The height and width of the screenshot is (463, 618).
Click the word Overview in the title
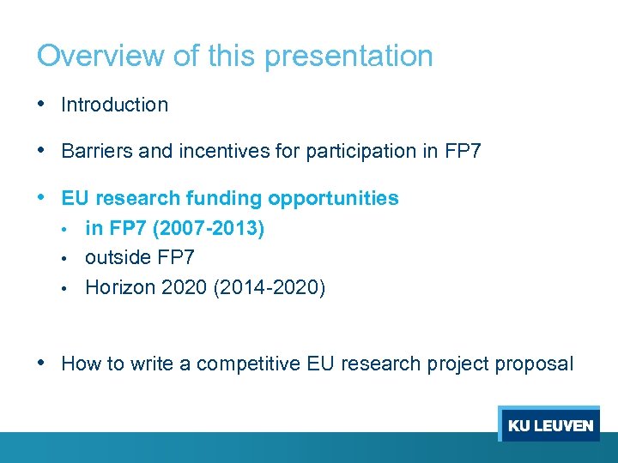pos(98,56)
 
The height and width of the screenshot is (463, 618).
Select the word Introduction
pos(115,105)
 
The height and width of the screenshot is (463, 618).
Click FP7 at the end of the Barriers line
pos(463,152)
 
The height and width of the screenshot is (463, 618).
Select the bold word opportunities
pos(333,199)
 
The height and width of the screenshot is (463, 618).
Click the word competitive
pos(248,364)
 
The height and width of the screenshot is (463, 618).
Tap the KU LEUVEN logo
pos(549,425)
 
